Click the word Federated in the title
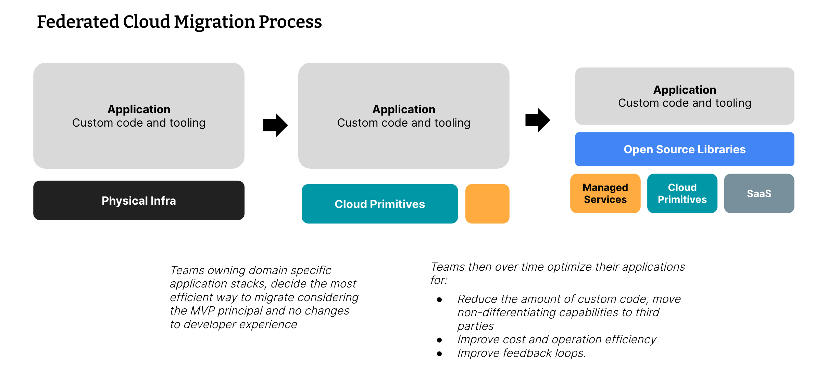click(x=78, y=22)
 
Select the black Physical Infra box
click(x=139, y=201)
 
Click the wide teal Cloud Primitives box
click(x=380, y=204)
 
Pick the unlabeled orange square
click(x=487, y=204)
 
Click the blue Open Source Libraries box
click(x=685, y=149)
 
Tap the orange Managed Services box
click(x=605, y=193)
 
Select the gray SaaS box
click(x=759, y=193)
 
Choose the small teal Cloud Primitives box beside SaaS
click(x=682, y=193)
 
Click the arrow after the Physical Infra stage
click(x=275, y=125)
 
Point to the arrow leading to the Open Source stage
click(x=538, y=120)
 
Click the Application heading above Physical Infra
click(x=139, y=110)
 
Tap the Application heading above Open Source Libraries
click(x=685, y=90)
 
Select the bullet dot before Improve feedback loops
click(x=439, y=354)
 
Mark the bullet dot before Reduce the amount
click(x=439, y=300)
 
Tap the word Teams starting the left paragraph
click(x=187, y=270)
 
